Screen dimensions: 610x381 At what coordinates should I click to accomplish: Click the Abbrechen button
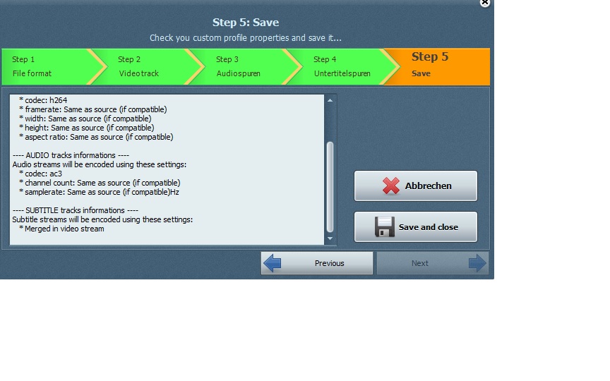pos(415,186)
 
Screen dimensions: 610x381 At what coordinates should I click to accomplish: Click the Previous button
pos(317,263)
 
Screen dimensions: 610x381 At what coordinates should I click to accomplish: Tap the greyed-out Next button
pos(432,263)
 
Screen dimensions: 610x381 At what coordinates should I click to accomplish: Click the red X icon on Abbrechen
pos(390,186)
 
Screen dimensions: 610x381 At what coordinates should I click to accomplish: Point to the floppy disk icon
pos(384,226)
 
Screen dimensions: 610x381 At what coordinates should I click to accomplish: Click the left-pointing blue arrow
pos(272,263)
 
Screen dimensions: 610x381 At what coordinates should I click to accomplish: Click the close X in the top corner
pos(485,2)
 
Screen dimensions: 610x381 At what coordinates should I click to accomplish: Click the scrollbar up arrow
pos(330,100)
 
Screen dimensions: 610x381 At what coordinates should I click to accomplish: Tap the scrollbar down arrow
pos(330,238)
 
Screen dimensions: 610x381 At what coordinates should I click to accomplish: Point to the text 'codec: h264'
pos(46,100)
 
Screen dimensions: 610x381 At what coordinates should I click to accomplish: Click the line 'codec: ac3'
pos(43,174)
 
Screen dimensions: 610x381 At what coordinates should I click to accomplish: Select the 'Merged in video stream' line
pos(64,229)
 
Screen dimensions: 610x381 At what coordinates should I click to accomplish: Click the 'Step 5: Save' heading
pos(246,22)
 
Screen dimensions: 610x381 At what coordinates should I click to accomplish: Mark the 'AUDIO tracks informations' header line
pos(71,155)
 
